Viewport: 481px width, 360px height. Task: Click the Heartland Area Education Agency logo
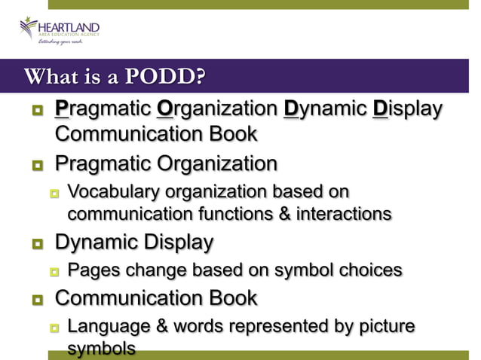(60, 31)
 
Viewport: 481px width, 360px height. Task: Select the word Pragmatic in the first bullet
(103, 110)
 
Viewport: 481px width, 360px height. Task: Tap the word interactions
(342, 213)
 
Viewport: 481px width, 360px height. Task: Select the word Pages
(91, 270)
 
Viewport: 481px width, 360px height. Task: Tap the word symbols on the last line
(102, 349)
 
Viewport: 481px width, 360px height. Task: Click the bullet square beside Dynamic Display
(36, 243)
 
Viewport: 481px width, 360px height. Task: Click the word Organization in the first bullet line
(217, 110)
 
